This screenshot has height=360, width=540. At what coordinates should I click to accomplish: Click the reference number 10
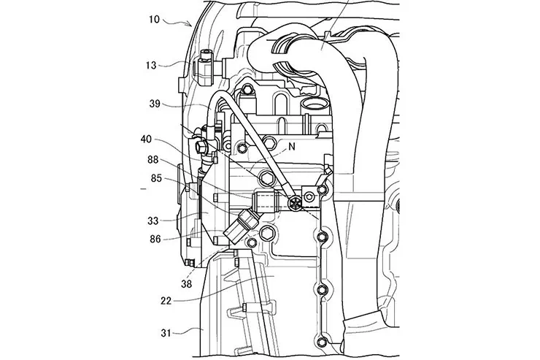[x=154, y=20]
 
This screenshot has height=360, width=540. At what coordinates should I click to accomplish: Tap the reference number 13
[x=151, y=65]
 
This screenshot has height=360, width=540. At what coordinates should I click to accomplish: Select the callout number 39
[x=155, y=104]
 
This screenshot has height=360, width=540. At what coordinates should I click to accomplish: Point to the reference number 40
[x=146, y=139]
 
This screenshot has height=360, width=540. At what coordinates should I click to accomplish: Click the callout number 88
[x=153, y=159]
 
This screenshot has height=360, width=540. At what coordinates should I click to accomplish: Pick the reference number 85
[x=156, y=178]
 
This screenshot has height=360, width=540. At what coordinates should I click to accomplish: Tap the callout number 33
[x=153, y=221]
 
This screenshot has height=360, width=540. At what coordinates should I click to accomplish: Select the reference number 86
[x=155, y=239]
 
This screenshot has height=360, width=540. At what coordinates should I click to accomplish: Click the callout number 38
[x=186, y=284]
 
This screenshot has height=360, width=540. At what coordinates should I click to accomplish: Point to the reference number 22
[x=166, y=301]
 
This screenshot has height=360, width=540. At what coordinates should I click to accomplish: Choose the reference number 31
[x=166, y=333]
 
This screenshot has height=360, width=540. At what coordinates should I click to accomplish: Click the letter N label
[x=292, y=147]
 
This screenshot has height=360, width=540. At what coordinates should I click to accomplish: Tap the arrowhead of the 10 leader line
[x=190, y=24]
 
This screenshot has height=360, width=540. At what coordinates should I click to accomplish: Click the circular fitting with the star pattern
[x=296, y=202]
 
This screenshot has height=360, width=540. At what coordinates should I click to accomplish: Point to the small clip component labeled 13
[x=206, y=67]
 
